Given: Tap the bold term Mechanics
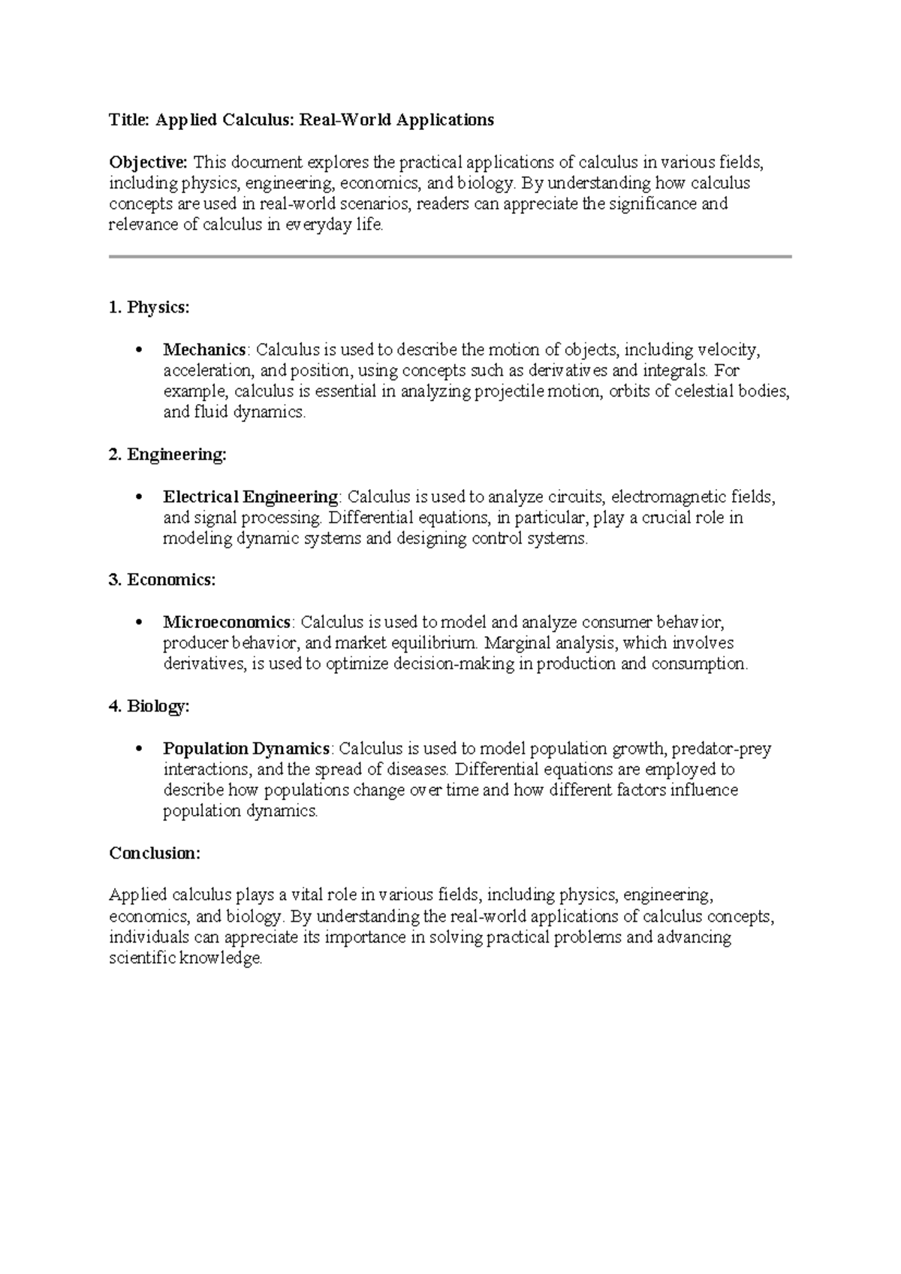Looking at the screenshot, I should click(204, 349).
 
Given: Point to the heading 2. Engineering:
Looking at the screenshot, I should click(167, 454).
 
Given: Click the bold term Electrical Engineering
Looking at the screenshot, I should click(251, 497).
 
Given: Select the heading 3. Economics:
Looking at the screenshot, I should click(162, 580).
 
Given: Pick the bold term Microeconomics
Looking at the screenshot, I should click(227, 622).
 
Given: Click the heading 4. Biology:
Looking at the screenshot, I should click(149, 706).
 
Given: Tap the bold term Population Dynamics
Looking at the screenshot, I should click(246, 748).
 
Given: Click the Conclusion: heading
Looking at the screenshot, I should click(155, 853).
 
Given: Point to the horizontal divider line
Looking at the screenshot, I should click(450, 257).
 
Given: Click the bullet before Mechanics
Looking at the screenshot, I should click(137, 351).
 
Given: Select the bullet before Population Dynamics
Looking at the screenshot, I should click(137, 750).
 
